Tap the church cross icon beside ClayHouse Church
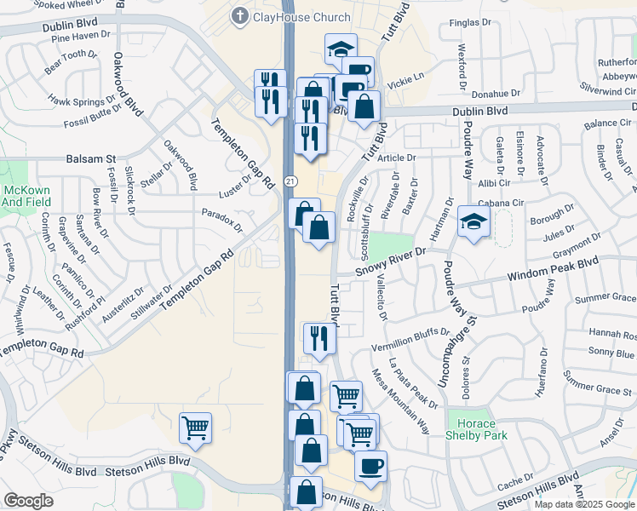[x=241, y=16]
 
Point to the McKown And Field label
[x=26, y=195]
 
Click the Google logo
[x=28, y=501]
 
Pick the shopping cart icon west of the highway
[x=195, y=428]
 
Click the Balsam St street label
[x=90, y=159]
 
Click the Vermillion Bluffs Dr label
[x=410, y=339]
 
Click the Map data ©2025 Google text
[x=583, y=503]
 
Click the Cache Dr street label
[x=516, y=483]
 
